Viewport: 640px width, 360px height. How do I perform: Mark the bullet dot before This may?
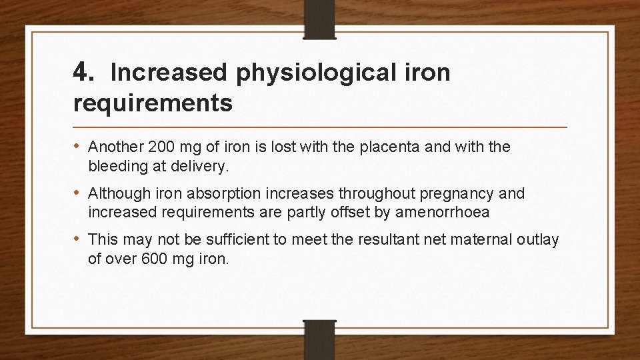coord(78,239)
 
